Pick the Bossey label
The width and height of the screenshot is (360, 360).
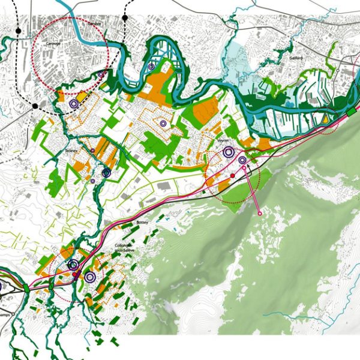[142, 222]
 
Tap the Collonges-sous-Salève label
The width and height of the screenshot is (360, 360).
[122, 248]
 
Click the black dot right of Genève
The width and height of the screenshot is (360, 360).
[125, 18]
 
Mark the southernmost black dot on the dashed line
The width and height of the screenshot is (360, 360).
[35, 106]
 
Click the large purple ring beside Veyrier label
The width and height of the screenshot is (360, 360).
[228, 152]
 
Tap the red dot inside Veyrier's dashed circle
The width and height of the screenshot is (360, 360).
[232, 175]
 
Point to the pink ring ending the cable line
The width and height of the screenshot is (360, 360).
[259, 213]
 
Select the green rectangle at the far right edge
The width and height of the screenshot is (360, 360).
[351, 113]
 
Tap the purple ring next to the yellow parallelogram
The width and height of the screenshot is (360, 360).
[73, 104]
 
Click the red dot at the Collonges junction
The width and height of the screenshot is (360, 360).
[74, 274]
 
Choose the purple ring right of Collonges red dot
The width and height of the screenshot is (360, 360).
[90, 277]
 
